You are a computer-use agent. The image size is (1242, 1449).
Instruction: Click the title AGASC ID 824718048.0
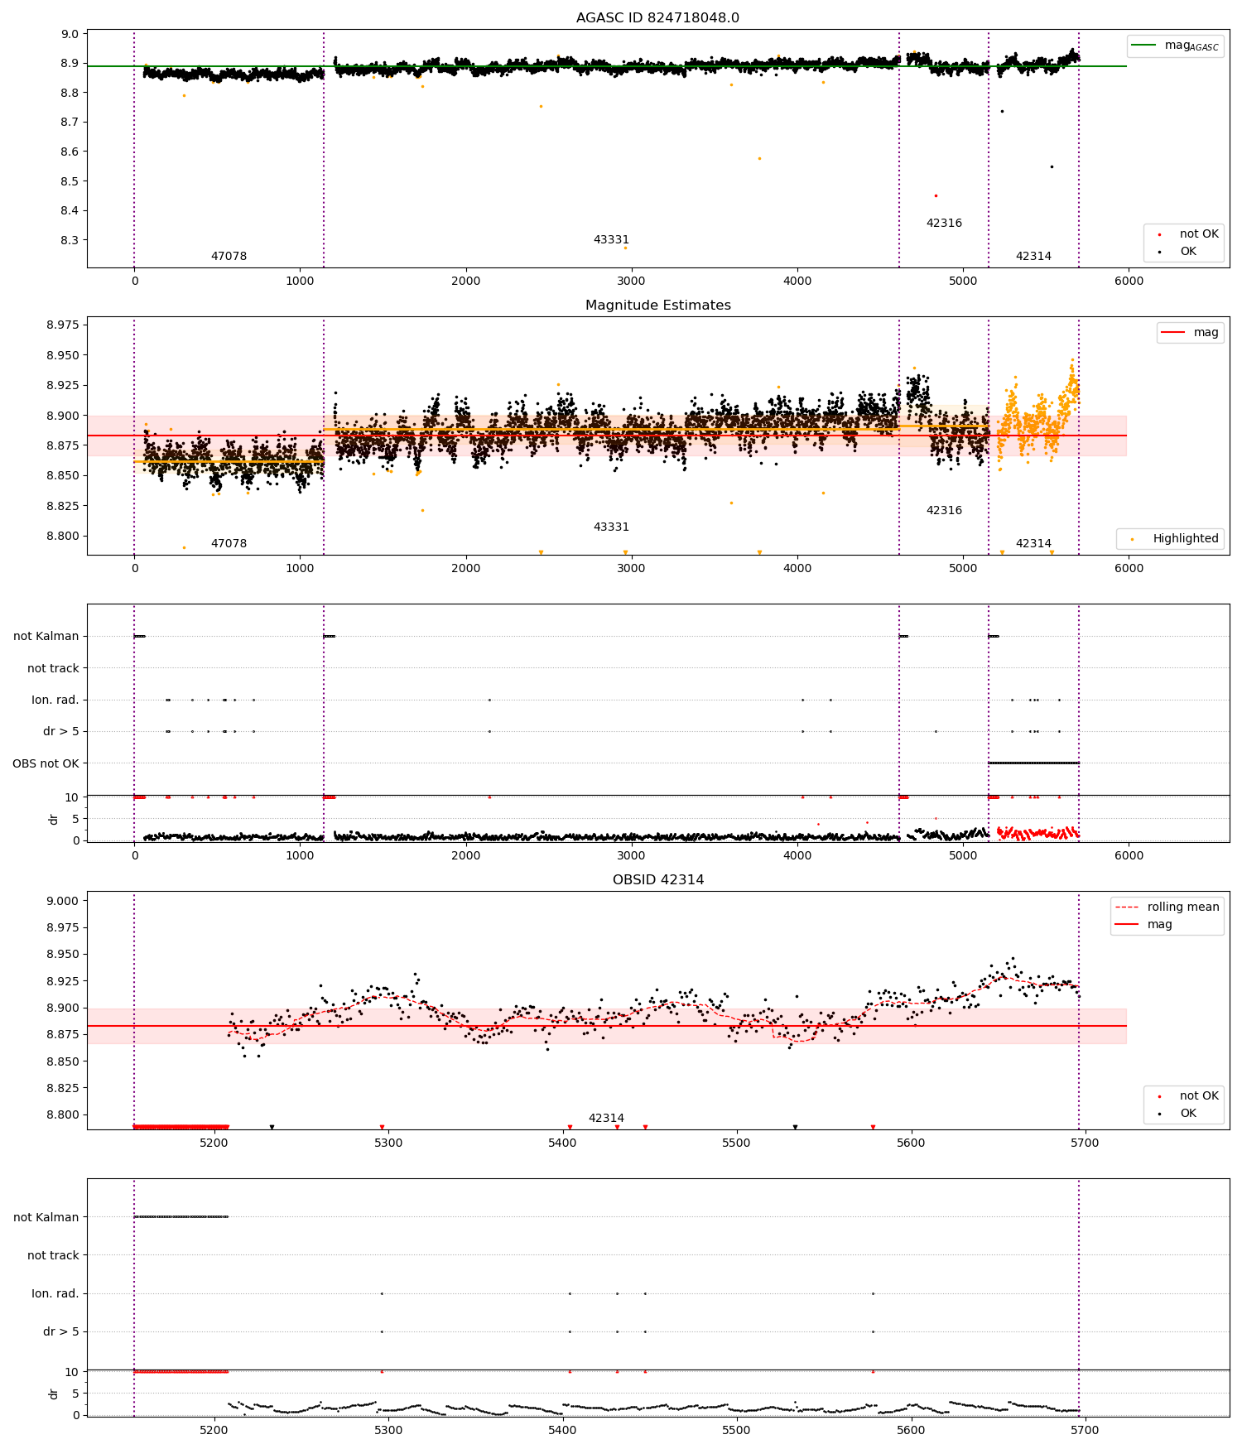(657, 17)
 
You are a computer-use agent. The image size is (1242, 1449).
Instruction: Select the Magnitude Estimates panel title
(657, 305)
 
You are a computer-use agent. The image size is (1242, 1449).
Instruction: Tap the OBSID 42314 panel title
(657, 879)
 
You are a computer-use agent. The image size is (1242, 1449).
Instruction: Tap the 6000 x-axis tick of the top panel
(1128, 281)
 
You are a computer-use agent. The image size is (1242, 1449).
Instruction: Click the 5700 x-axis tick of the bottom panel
(1085, 1143)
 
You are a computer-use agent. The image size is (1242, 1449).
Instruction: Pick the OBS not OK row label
(46, 763)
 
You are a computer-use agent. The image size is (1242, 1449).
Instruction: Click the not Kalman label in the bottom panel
(46, 1217)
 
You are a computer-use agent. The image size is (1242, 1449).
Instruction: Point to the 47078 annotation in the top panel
(229, 256)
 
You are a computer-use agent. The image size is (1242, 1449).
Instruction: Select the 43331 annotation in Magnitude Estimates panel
(611, 527)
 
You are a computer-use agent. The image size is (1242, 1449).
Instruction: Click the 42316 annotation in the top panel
(944, 223)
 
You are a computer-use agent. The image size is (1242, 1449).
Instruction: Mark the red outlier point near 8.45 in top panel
(936, 195)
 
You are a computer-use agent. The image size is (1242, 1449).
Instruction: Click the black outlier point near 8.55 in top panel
(1052, 166)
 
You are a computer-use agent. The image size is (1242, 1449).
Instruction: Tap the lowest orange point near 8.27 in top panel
(625, 248)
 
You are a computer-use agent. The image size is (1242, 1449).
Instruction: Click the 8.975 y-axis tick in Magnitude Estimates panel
(63, 325)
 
